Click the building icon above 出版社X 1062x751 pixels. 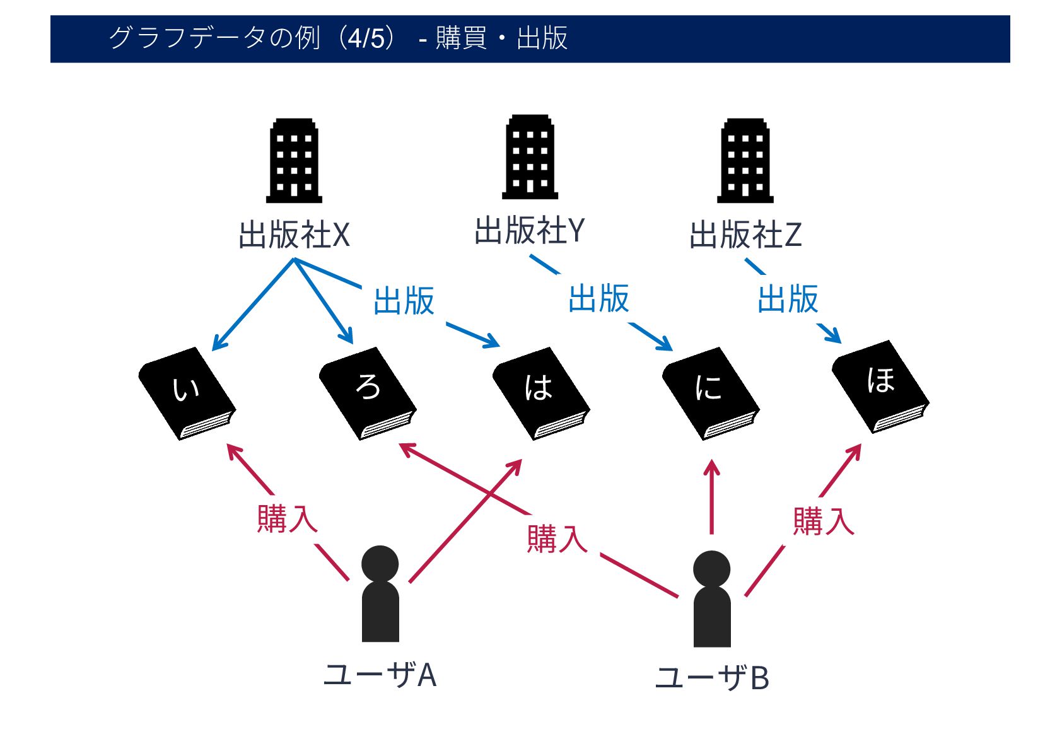[294, 161]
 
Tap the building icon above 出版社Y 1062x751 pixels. [530, 157]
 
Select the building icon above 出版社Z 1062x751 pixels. [745, 161]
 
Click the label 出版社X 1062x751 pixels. [294, 235]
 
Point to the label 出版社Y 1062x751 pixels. [530, 231]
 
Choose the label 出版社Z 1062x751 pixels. [745, 235]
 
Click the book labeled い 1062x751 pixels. [187, 393]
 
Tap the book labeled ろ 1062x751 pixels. [368, 393]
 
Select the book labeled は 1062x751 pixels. [540, 393]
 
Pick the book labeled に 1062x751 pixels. [710, 393]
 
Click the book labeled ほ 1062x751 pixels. [880, 386]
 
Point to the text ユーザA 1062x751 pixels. [380, 675]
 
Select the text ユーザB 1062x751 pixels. [712, 678]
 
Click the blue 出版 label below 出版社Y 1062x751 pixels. [598, 299]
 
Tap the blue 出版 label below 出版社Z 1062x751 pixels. [788, 299]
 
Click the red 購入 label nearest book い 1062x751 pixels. [287, 519]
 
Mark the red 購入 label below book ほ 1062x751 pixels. [823, 521]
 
